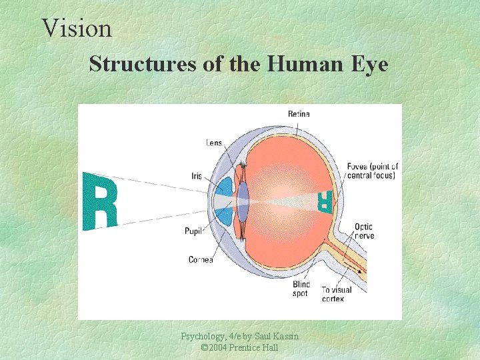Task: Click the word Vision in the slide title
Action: pyautogui.click(x=77, y=28)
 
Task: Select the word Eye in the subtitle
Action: pyautogui.click(x=371, y=64)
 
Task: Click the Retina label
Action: pyautogui.click(x=299, y=114)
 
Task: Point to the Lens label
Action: pyautogui.click(x=214, y=143)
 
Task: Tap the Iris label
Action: pyautogui.click(x=196, y=177)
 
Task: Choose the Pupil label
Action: pyautogui.click(x=193, y=231)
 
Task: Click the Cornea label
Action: pyautogui.click(x=201, y=259)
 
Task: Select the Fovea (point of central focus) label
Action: pyautogui.click(x=372, y=171)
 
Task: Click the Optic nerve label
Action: pyautogui.click(x=364, y=231)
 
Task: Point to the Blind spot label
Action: pyautogui.click(x=301, y=289)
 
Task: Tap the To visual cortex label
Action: pyautogui.click(x=337, y=294)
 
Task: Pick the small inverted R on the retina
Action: pyautogui.click(x=325, y=200)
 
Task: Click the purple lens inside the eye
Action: pyautogui.click(x=243, y=199)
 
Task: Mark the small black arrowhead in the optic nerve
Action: pyautogui.click(x=361, y=271)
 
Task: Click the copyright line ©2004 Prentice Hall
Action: pyautogui.click(x=239, y=348)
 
